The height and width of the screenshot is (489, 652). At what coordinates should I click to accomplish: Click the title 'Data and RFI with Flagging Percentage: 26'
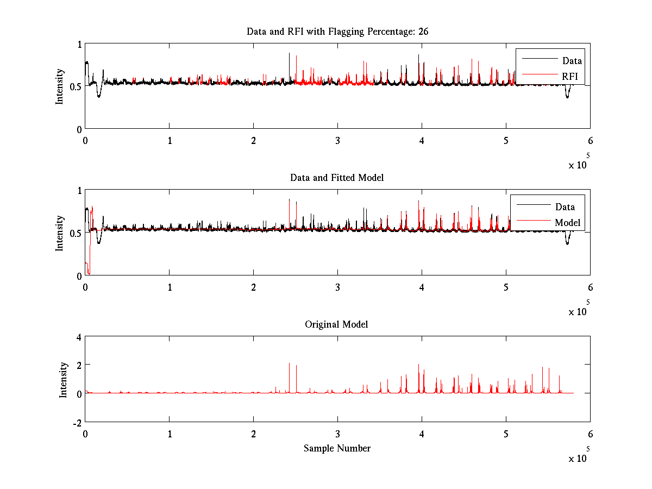337,32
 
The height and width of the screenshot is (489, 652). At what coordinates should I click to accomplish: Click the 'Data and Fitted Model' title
337,178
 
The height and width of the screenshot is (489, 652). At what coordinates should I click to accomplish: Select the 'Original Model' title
336,324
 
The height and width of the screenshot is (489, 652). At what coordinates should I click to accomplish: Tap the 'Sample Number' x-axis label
337,448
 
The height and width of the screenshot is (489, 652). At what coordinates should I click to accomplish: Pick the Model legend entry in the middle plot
567,223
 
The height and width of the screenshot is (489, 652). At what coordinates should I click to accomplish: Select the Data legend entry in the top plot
572,60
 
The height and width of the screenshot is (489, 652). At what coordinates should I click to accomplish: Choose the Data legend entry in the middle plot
565,206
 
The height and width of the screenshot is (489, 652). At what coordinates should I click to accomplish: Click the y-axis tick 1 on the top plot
79,45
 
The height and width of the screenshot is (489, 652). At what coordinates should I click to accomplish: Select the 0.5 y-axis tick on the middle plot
75,233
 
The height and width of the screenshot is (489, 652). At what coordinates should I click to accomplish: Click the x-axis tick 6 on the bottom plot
590,434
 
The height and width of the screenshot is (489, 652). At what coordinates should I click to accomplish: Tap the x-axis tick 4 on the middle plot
422,287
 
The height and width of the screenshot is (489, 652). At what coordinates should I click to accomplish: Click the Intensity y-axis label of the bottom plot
64,379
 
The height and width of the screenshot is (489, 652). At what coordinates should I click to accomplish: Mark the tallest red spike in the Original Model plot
289,363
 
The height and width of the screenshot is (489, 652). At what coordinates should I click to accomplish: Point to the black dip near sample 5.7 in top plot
567,97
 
